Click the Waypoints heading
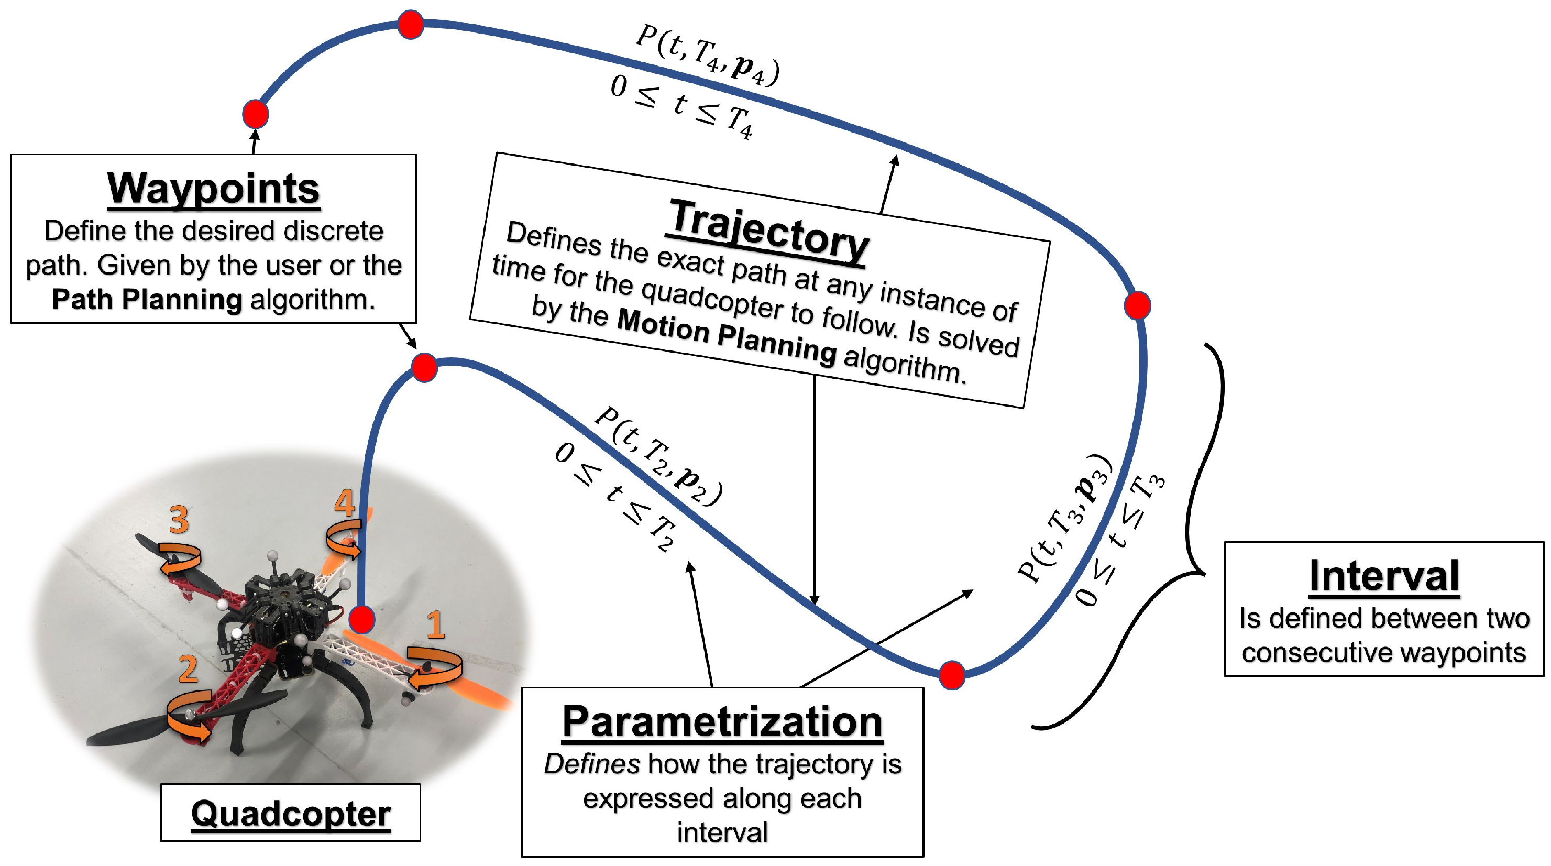[x=213, y=189]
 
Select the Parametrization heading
[x=722, y=721]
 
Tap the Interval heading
[x=1383, y=576]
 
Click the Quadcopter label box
[x=290, y=813]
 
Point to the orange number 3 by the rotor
[x=179, y=520]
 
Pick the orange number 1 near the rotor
[x=436, y=625]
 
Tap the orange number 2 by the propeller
[x=188, y=669]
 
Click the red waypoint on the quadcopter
[x=361, y=619]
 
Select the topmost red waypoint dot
[x=411, y=25]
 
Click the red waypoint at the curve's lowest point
[x=952, y=674]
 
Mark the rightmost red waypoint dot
[x=1137, y=305]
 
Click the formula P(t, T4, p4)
[x=708, y=56]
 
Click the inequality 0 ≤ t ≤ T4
[x=681, y=108]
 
